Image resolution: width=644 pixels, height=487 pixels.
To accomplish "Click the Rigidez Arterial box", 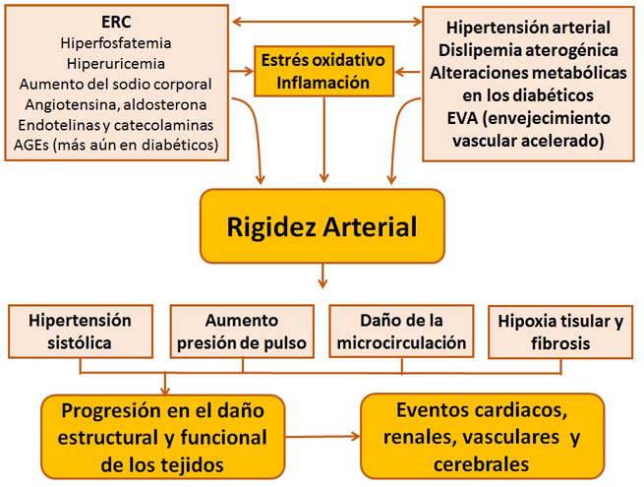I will tap(322, 227).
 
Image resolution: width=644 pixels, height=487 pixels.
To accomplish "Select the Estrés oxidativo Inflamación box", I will tap(322, 72).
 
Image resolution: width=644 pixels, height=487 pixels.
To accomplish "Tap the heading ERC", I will tap(115, 22).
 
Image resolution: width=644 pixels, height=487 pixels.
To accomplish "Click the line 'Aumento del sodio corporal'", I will tap(115, 85).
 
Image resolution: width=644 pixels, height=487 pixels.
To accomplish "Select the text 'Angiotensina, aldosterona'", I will tap(115, 105).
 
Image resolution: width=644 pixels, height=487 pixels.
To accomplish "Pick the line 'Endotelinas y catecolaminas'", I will tap(115, 126).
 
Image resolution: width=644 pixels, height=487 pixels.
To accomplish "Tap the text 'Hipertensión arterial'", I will tap(527, 28).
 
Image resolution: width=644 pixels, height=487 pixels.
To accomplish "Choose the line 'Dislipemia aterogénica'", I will tap(527, 50).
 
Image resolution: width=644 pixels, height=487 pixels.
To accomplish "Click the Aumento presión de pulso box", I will tap(242, 332).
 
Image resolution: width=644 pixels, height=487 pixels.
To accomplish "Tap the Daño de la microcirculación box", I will tap(401, 332).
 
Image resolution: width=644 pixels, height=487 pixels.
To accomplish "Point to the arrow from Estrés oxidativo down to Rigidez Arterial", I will tap(323, 138).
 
